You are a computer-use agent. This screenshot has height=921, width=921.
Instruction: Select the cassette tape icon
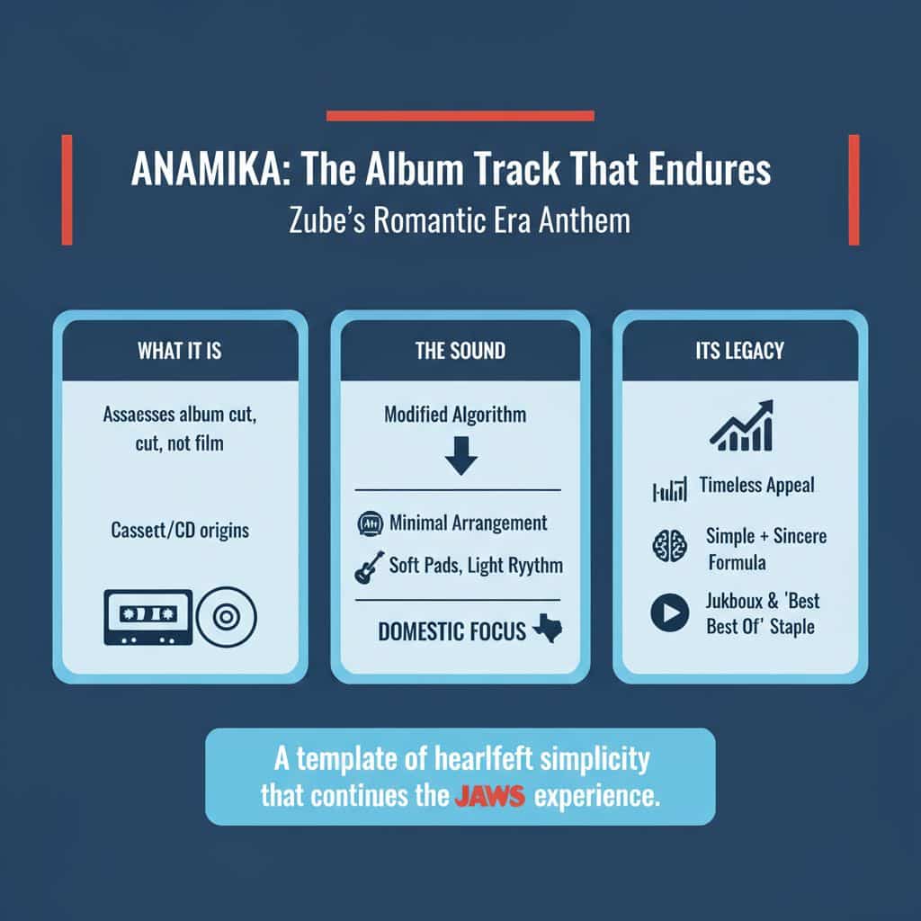point(148,617)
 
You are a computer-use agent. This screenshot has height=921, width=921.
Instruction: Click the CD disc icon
point(227,617)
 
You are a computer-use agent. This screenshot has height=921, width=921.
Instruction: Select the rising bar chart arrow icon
point(741,425)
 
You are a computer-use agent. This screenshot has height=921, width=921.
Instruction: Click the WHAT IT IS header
point(180,351)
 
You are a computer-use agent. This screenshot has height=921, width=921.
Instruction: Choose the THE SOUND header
point(460,351)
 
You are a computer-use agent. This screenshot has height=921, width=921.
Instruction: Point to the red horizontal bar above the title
point(460,115)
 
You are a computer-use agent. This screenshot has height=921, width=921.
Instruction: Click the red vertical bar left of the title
point(67,189)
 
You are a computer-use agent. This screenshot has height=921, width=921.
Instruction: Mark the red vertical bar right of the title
point(854,189)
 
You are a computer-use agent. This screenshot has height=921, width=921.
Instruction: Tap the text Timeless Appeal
point(756,486)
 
